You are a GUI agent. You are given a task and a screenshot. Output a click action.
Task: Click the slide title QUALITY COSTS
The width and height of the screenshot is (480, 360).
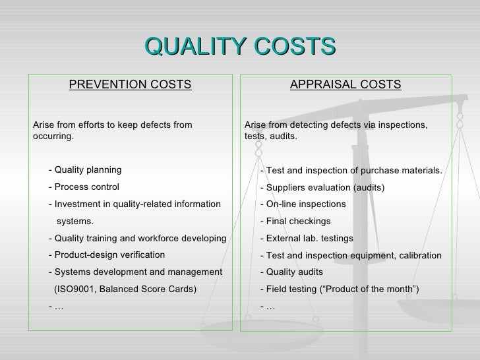tap(240, 47)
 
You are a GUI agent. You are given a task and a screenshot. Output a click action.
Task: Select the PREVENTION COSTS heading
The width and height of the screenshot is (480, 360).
tap(130, 84)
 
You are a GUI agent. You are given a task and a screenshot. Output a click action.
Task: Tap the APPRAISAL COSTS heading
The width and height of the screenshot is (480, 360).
tap(345, 84)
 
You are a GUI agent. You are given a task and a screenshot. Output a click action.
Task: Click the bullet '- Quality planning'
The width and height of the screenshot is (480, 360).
tap(85, 169)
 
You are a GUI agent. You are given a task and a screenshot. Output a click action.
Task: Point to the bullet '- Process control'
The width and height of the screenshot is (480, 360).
tap(84, 187)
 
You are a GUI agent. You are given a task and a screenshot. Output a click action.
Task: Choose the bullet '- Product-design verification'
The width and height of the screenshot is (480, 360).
tap(107, 255)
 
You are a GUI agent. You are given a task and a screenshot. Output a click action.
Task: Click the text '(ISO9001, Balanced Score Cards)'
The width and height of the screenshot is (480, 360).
tap(125, 289)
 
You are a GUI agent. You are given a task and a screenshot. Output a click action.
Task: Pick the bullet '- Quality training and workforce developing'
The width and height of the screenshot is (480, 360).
tap(137, 238)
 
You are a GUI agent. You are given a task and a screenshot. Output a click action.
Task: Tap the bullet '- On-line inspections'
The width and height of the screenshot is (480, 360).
tap(303, 204)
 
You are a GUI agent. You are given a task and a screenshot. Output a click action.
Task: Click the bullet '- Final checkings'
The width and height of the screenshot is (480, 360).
tap(295, 221)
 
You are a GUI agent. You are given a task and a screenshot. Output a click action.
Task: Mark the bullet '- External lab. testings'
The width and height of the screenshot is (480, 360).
tap(307, 238)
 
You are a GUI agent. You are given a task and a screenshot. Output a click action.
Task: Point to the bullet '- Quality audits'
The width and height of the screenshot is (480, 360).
tap(291, 272)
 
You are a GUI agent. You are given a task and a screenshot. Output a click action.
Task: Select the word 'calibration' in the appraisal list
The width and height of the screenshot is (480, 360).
tap(417, 255)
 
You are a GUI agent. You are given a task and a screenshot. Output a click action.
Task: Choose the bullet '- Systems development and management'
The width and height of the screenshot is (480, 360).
tap(135, 272)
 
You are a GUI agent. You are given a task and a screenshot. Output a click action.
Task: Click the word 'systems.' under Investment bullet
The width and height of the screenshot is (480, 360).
tap(75, 221)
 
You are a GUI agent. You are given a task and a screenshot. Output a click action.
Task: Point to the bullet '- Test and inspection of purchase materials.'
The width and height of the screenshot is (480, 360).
tap(351, 170)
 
